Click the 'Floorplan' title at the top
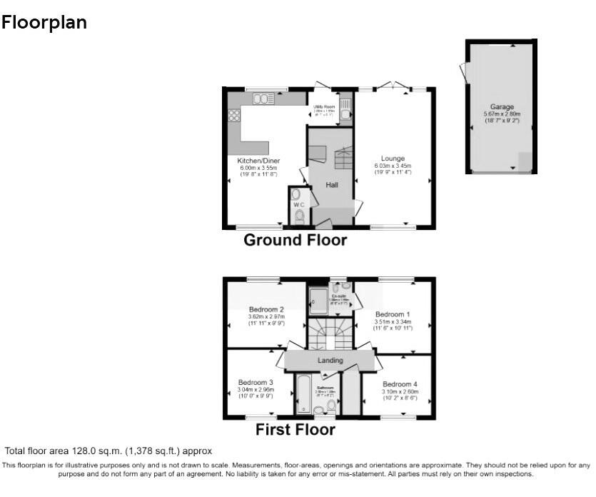click(44, 23)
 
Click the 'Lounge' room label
click(393, 159)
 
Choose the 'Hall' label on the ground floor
click(332, 185)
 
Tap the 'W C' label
click(299, 204)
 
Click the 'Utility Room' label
click(323, 106)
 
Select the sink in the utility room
click(345, 111)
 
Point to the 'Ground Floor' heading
click(296, 240)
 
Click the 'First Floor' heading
click(296, 430)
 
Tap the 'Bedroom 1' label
click(393, 315)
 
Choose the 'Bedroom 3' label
click(256, 383)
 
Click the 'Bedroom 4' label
click(400, 384)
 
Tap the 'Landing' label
click(330, 361)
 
